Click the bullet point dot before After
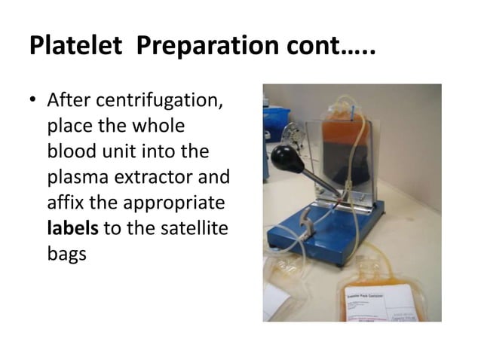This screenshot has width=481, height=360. click(34, 101)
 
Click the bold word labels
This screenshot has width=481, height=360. click(72, 228)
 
